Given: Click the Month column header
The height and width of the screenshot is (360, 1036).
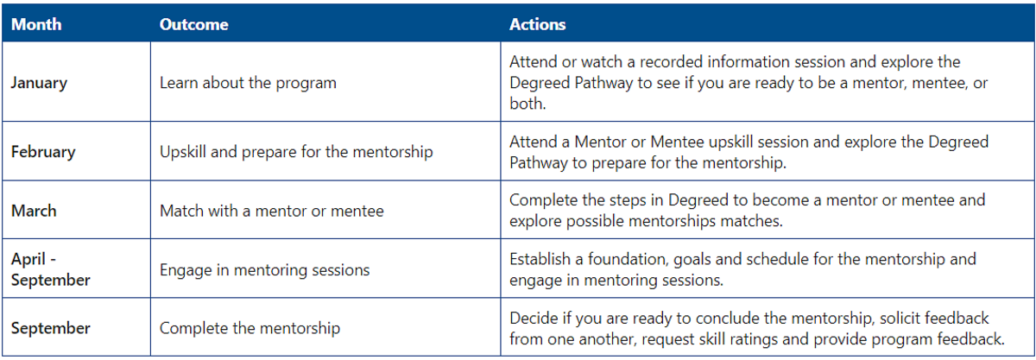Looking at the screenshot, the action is (x=36, y=24).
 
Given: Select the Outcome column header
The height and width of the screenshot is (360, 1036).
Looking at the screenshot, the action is (x=193, y=24).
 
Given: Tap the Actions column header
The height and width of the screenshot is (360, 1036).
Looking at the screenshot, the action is (x=537, y=24).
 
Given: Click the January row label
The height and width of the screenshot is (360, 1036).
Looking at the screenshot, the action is (x=40, y=83).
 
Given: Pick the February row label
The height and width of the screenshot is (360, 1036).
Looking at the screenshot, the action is (x=43, y=152).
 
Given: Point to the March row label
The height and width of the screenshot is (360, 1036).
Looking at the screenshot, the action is (x=34, y=211).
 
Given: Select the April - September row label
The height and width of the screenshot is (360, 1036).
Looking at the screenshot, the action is (x=50, y=269).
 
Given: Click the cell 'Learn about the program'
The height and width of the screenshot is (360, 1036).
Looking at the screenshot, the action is (x=248, y=83).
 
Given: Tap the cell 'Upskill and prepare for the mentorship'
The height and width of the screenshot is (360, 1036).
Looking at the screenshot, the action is (x=296, y=152).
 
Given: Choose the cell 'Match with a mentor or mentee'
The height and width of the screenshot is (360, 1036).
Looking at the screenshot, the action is (x=271, y=211).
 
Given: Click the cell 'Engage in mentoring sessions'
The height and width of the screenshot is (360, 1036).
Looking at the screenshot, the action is (x=264, y=270).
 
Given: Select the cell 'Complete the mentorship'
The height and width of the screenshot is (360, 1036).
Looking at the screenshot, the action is (x=250, y=328).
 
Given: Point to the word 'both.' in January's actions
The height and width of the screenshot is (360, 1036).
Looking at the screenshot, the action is (x=527, y=104).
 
